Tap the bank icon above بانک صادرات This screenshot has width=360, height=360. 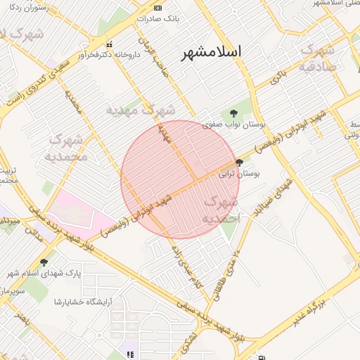(x=157, y=8)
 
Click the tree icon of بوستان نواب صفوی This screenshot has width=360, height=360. (x=232, y=112)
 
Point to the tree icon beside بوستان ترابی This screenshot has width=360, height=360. (x=248, y=162)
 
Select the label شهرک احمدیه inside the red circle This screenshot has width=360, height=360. (x=221, y=210)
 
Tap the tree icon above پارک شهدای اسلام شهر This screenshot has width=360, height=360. (x=44, y=262)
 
